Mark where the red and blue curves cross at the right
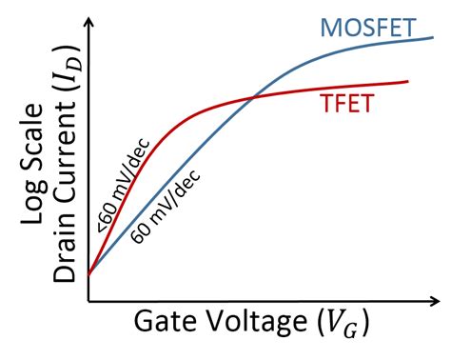click(x=252, y=96)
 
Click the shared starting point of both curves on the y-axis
click(x=88, y=274)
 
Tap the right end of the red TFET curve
click(x=408, y=82)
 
